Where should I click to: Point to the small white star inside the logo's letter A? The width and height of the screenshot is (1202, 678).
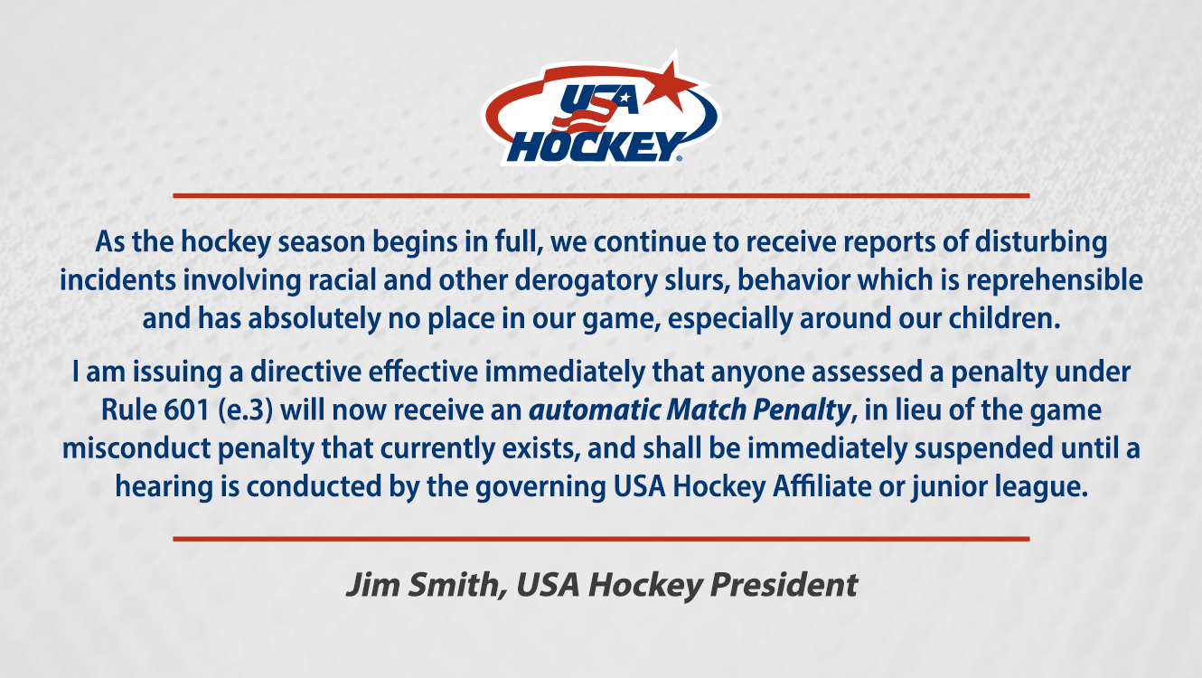(x=624, y=99)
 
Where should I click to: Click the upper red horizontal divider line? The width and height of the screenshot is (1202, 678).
(x=601, y=196)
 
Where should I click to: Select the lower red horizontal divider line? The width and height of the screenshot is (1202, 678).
(x=601, y=539)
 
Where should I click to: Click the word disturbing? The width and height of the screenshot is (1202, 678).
(x=1040, y=242)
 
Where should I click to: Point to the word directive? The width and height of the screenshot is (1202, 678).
(x=305, y=372)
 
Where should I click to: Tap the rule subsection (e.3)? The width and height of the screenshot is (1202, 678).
(x=247, y=410)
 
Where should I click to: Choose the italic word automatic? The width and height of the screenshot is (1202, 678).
(x=594, y=410)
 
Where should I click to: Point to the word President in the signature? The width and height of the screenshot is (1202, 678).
(x=784, y=584)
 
